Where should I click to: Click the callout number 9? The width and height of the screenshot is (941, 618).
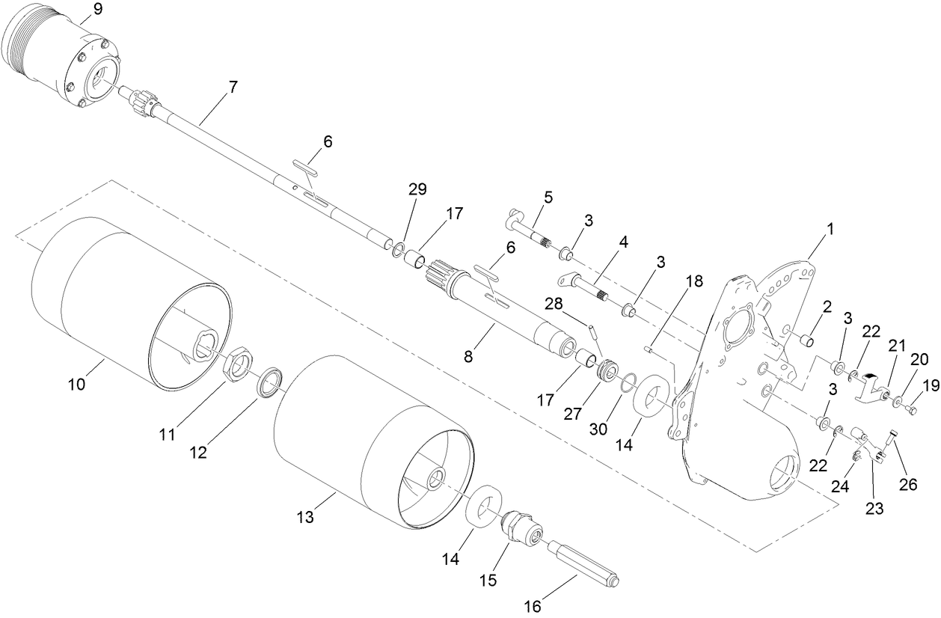tap(98, 10)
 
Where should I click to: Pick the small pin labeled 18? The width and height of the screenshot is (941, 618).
tap(649, 348)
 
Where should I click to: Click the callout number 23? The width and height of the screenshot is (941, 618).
tap(874, 509)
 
